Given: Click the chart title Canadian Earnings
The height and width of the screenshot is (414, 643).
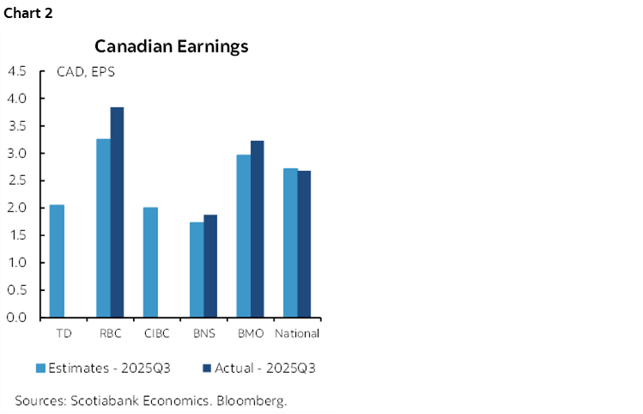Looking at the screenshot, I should coord(171,46).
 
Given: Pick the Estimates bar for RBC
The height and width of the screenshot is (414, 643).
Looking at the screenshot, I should coord(103,228).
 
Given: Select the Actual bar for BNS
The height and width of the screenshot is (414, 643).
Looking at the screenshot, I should coord(210,265).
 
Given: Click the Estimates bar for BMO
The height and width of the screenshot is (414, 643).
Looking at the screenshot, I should coord(244,235).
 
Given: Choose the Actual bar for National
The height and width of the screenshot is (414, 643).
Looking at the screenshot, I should coord(304,244).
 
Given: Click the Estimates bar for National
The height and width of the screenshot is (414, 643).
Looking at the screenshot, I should coord(290,242).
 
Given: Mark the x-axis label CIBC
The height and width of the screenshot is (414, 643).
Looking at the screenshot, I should coord(156,333).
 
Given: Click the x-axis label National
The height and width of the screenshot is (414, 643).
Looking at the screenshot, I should coord(297,333).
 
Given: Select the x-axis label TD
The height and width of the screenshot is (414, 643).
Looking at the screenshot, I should coord(64,333).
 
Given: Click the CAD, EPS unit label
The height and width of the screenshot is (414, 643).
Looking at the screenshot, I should coord(86,72).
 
